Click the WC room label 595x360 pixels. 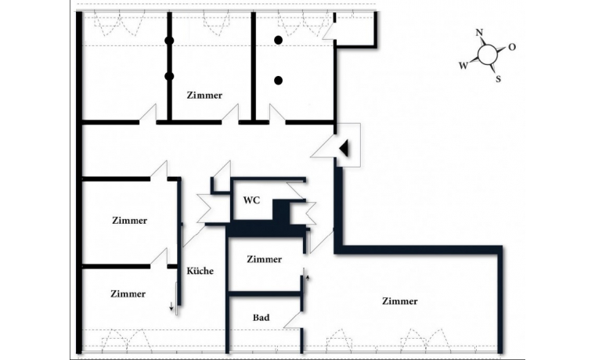click(x=251, y=200)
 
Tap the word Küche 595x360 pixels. click(x=200, y=271)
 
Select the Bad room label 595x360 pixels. click(x=261, y=318)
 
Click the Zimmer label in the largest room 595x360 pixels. click(x=399, y=301)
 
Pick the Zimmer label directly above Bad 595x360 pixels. click(x=264, y=260)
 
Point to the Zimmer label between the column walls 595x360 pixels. click(x=204, y=95)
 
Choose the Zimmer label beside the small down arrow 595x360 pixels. click(x=128, y=294)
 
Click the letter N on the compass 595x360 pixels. click(x=479, y=32)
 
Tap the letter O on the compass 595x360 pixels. click(x=512, y=47)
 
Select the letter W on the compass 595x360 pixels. click(x=463, y=66)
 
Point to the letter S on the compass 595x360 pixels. click(x=498, y=79)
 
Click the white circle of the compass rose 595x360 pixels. click(x=488, y=54)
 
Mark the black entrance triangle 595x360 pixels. click(x=344, y=148)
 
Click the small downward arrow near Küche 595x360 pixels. click(x=171, y=307)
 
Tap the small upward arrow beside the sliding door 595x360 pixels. click(x=308, y=278)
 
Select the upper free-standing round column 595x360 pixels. click(x=278, y=40)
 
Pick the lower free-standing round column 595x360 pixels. click(x=278, y=80)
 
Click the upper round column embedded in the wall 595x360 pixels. click(x=169, y=41)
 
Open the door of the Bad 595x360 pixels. click(x=293, y=321)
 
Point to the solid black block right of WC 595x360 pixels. click(x=281, y=212)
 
